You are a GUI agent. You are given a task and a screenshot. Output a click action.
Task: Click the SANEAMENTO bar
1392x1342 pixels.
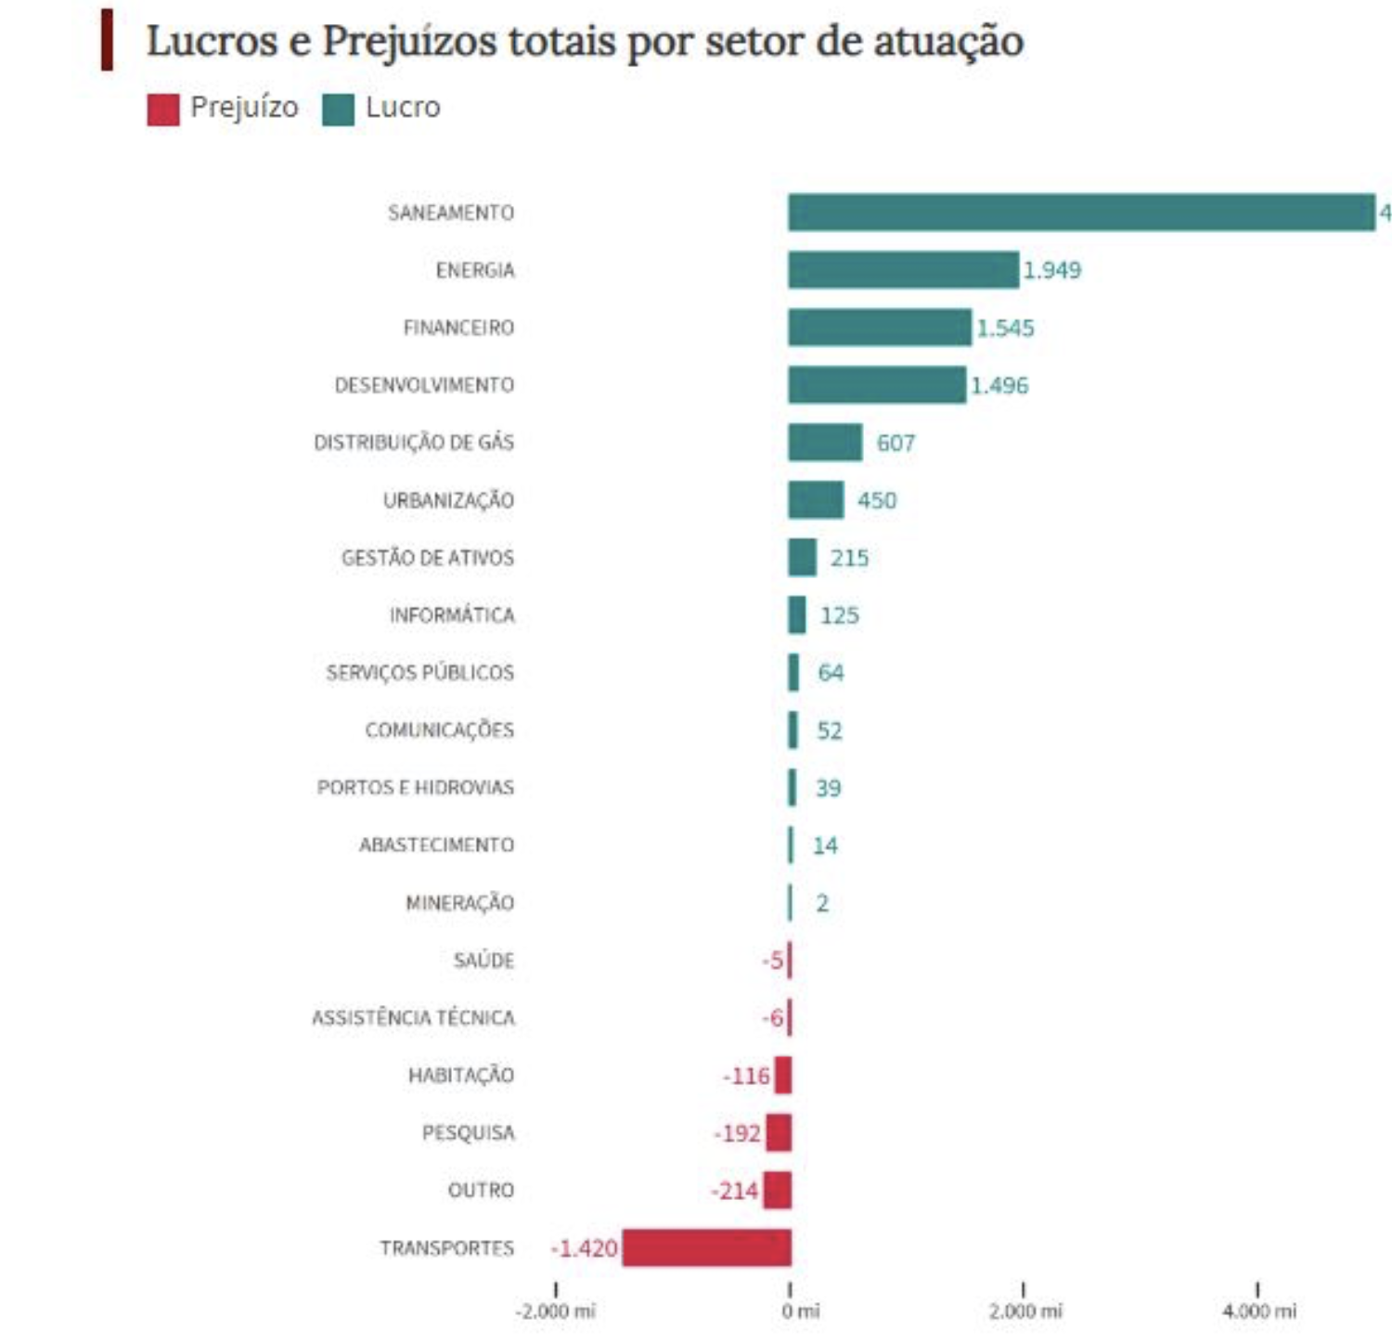(1081, 213)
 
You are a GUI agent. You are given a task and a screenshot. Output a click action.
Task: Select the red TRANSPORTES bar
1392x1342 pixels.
(706, 1247)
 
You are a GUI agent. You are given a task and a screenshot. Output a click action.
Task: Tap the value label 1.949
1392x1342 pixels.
(1051, 270)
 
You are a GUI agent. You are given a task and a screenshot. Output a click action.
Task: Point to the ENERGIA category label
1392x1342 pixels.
(474, 270)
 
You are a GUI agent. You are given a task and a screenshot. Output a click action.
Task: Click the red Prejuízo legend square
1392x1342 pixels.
(163, 109)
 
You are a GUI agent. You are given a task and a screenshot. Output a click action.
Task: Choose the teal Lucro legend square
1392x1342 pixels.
(338, 109)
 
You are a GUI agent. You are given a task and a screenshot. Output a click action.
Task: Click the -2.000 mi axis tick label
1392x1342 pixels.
(556, 1310)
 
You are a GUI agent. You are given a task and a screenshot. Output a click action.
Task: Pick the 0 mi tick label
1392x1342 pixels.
(800, 1310)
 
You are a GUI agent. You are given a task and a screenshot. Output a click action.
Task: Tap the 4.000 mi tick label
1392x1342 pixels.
(1258, 1310)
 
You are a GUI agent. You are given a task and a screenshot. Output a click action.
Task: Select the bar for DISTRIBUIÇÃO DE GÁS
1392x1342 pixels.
(825, 443)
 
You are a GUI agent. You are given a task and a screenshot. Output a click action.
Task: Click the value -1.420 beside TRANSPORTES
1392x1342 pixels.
(585, 1248)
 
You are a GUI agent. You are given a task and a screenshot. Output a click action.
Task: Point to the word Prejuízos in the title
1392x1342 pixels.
(409, 42)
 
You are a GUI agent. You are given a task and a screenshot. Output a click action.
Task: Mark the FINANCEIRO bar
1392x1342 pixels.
(879, 328)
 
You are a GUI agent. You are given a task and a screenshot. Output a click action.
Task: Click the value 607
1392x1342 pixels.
(896, 443)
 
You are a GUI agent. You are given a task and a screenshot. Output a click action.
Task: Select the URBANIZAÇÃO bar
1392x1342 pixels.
(816, 500)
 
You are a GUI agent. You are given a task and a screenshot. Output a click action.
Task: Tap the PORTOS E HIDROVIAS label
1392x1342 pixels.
(415, 788)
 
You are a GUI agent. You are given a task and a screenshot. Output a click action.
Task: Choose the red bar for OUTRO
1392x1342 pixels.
(778, 1190)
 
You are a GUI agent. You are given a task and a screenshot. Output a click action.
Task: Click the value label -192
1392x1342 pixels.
(738, 1133)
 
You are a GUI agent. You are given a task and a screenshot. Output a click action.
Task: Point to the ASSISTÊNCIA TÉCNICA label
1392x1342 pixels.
(413, 1018)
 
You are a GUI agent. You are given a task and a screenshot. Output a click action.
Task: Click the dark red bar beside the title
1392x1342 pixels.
(108, 40)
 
